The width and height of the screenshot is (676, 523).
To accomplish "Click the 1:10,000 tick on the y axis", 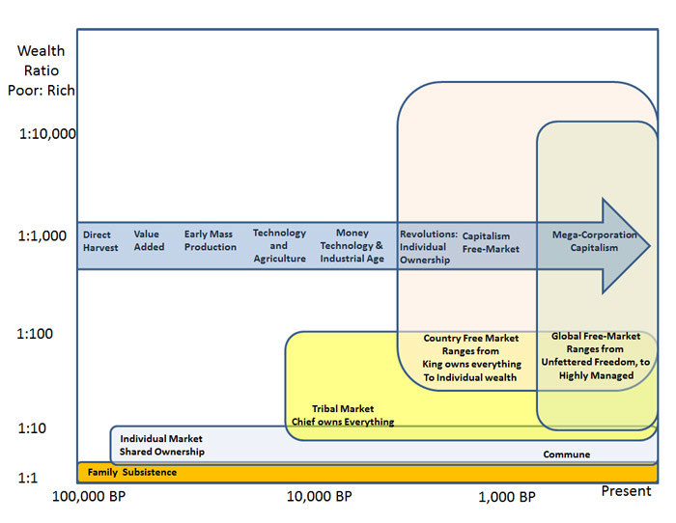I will click(47, 133).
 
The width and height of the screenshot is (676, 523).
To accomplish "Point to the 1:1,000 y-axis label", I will click(43, 234).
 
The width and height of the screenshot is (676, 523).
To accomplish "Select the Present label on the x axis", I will click(626, 491).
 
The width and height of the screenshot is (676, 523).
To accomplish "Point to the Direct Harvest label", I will click(100, 241).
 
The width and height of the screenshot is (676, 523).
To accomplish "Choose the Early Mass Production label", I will click(210, 241).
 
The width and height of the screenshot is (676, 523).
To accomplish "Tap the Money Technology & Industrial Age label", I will click(352, 246).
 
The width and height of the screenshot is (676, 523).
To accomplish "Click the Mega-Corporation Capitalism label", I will click(594, 241).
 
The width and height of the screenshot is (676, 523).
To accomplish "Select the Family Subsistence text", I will click(131, 472).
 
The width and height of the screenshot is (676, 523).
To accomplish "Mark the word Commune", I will click(566, 454).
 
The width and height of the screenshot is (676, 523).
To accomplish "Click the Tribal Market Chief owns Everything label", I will click(343, 415).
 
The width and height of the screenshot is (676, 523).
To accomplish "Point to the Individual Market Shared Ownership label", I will click(161, 445).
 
